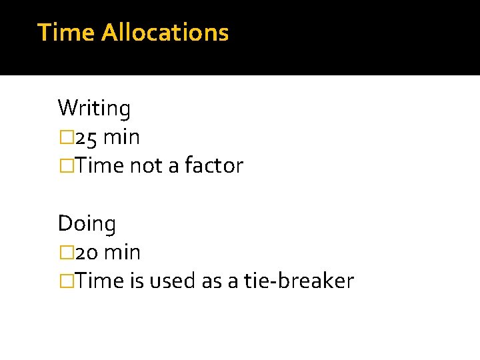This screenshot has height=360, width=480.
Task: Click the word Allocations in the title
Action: coord(165,32)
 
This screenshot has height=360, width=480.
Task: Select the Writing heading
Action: coord(94,108)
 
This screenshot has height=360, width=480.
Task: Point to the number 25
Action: coord(87,137)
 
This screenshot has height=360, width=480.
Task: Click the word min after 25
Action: coord(122,137)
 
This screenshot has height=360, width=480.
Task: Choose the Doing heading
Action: coord(87,223)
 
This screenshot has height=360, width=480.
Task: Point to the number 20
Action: coord(87,253)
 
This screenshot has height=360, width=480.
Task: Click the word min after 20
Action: coord(123,253)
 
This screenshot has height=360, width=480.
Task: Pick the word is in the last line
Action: coord(137,281)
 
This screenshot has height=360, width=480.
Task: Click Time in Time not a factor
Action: coord(99,166)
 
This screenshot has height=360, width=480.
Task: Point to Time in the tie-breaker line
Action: coord(99,281)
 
